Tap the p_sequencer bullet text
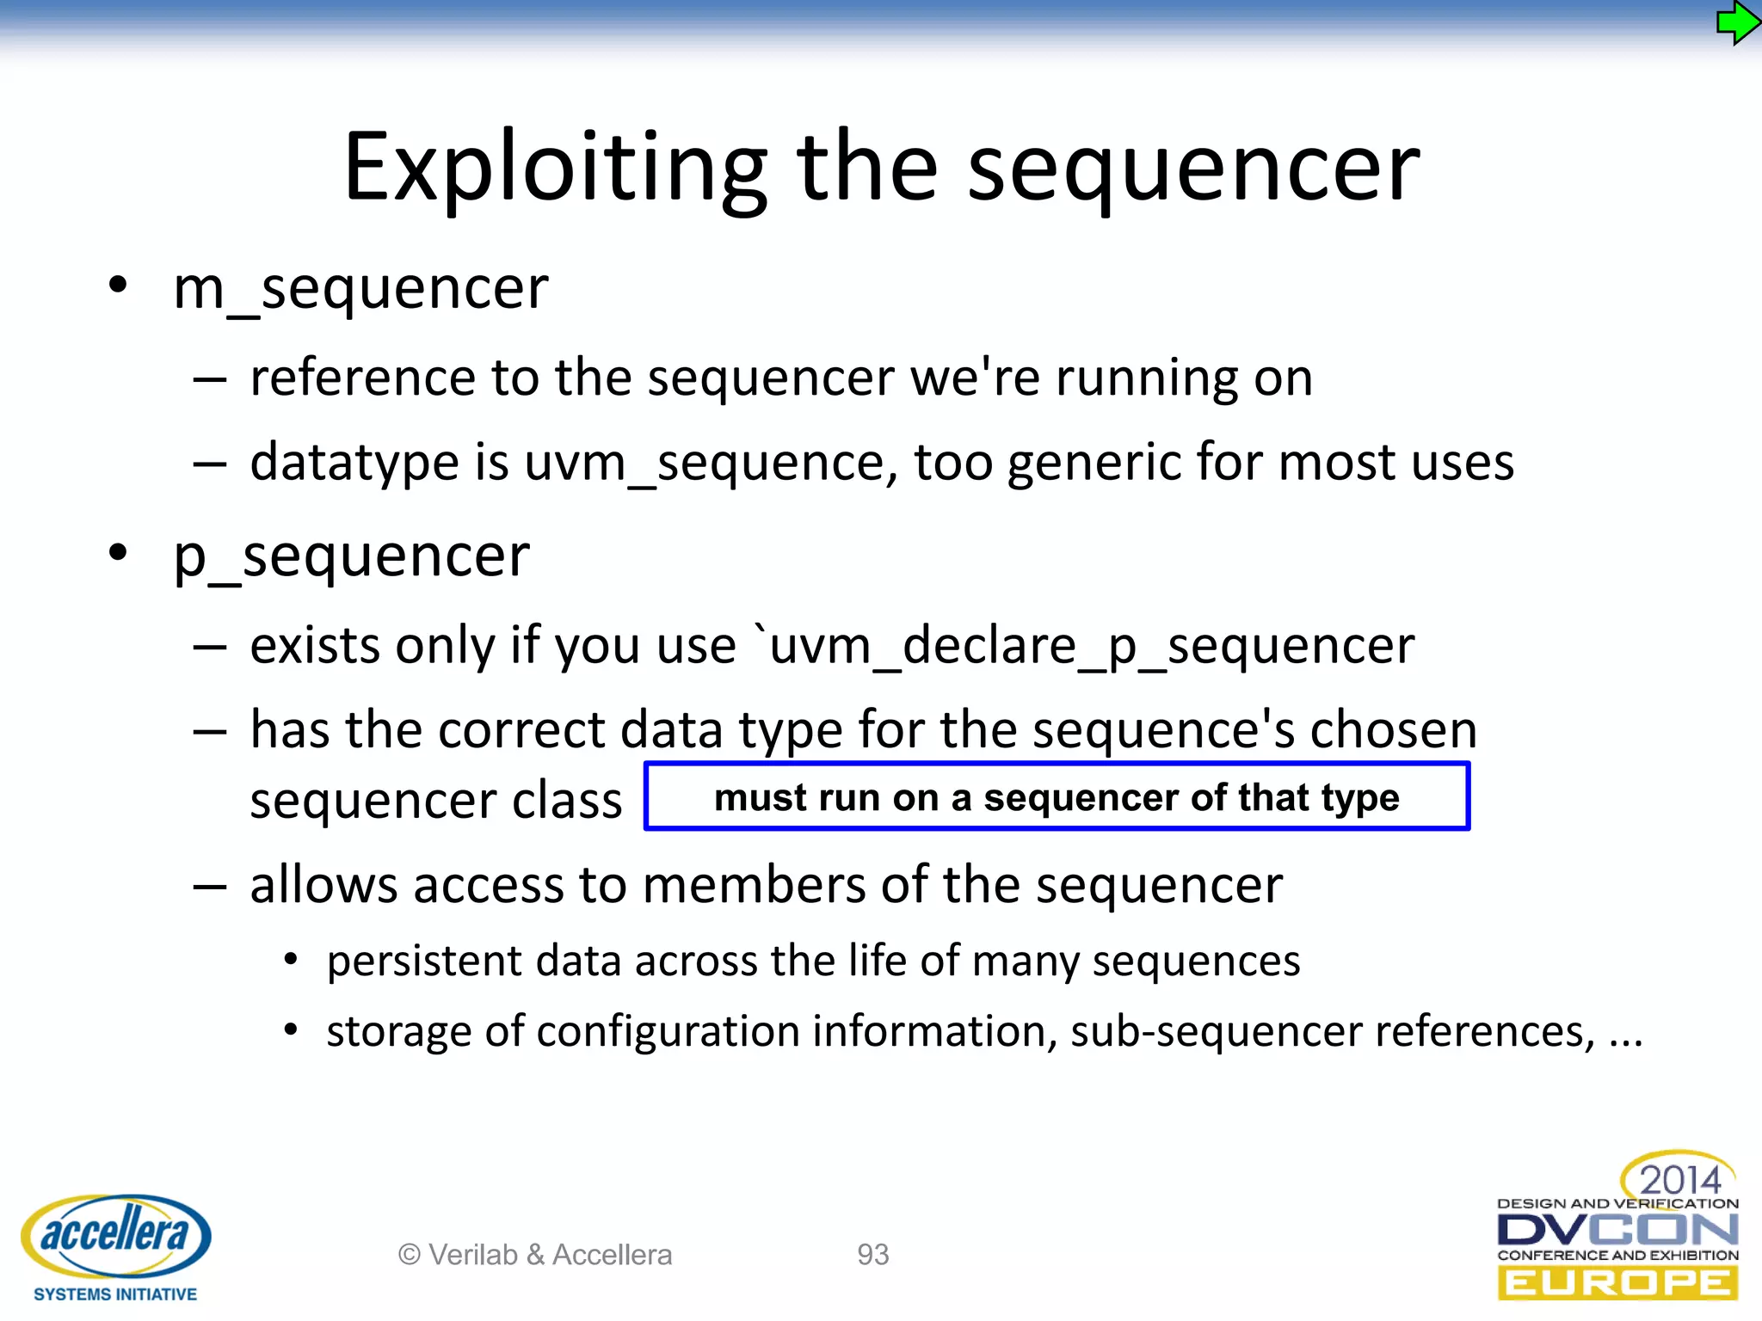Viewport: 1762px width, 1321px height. point(351,556)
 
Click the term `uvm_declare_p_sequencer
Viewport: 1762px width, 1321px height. point(1083,646)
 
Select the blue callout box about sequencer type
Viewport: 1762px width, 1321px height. point(1057,797)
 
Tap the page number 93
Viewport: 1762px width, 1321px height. point(872,1255)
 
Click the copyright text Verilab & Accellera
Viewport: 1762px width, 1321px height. point(535,1255)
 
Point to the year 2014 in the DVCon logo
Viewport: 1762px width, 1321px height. point(1679,1179)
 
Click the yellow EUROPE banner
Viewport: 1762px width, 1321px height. point(1617,1284)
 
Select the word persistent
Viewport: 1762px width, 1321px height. point(423,961)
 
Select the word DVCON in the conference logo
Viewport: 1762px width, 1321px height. point(1617,1230)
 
